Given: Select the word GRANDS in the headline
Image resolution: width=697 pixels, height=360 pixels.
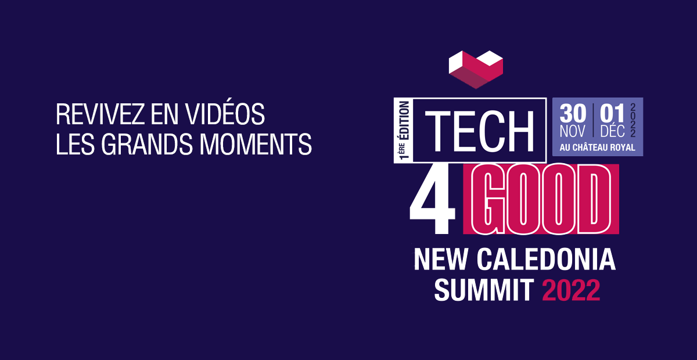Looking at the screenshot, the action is pos(147,145).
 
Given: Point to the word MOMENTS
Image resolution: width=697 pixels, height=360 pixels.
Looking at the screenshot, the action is pos(256,145).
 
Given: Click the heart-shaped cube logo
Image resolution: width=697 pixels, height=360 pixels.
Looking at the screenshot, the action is pos(476,69).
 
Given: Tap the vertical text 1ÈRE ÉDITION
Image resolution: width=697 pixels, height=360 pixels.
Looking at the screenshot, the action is pos(404,131).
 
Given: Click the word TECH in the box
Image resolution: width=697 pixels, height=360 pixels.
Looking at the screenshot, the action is pos(480,131).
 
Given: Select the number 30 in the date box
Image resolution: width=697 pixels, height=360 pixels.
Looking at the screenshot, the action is pos(573,114).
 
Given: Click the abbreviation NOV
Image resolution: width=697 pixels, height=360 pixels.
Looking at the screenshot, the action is pos(573,131).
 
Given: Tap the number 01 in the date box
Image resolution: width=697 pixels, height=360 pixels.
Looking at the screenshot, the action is pos(612,114).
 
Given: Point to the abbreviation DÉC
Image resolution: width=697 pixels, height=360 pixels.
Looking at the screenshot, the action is pos(612,131).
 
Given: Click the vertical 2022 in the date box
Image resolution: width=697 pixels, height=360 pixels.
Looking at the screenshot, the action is pos(633,120).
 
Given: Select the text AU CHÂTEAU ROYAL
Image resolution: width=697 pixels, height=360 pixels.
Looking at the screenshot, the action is pos(598,147).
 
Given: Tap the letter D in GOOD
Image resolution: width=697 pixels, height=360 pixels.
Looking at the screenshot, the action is pos(594,199).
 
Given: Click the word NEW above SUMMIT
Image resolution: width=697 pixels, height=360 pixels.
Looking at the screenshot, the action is pos(441,259).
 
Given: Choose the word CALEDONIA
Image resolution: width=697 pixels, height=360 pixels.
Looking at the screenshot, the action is pos(547,259).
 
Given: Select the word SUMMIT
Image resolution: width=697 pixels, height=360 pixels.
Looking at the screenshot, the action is pos(484,290).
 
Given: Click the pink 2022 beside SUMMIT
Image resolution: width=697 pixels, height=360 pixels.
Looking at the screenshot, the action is pos(571,290).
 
